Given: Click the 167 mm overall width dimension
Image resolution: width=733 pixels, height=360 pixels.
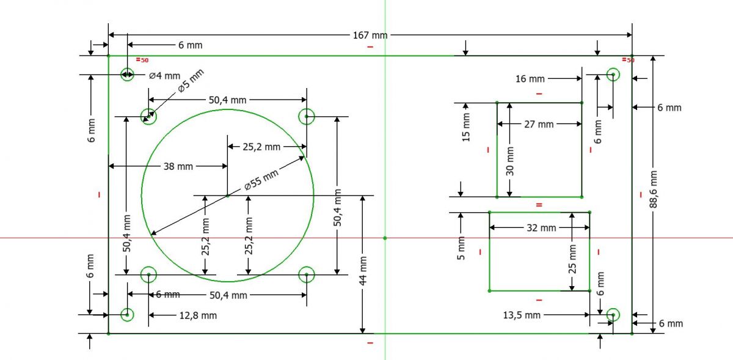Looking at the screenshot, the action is click(x=370, y=35).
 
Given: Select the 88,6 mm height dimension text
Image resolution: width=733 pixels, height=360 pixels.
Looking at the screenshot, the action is click(x=653, y=189).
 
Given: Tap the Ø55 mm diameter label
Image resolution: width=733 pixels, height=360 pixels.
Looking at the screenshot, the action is click(x=261, y=180).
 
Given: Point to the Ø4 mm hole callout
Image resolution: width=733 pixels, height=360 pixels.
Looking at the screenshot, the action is click(x=164, y=76).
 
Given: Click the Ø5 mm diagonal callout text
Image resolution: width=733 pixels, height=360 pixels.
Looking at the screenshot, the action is click(x=191, y=81).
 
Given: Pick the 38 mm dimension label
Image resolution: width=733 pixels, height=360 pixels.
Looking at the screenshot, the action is click(x=178, y=166).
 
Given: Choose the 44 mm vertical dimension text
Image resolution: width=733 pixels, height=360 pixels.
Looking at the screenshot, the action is click(x=363, y=271).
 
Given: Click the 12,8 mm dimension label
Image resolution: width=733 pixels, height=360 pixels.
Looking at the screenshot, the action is click(x=198, y=315).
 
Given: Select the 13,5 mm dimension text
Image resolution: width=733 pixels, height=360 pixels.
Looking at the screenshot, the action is click(x=522, y=315).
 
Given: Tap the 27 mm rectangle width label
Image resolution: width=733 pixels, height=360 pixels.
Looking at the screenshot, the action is click(x=539, y=125).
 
